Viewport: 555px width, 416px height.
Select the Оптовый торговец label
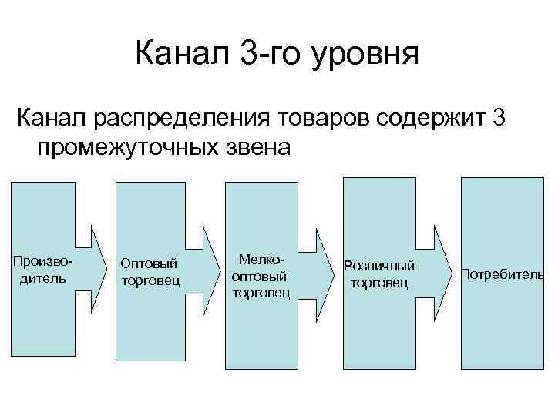pos(150,271)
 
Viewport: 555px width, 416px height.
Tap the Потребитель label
pos(502,274)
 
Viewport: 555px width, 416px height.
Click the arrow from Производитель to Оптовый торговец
pos(96,266)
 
